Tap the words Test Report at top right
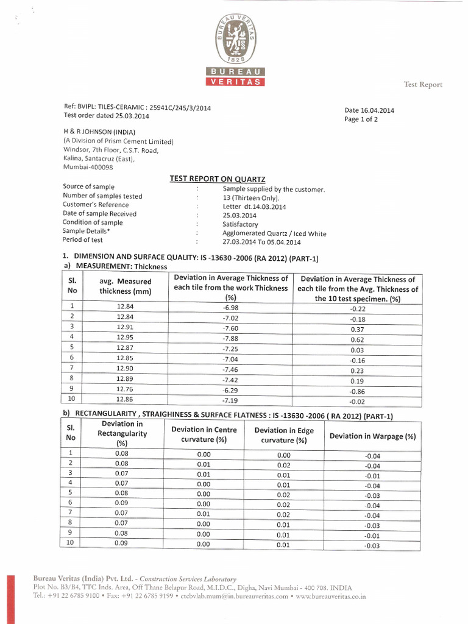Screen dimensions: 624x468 click(423, 85)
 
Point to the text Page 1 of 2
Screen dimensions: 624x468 click(361, 119)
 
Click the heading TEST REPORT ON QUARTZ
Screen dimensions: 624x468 click(218, 179)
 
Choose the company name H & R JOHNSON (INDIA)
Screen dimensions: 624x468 click(99, 132)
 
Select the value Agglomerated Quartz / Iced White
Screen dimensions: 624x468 click(274, 233)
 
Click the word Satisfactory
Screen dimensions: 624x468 click(241, 224)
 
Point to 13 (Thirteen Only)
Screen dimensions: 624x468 click(251, 197)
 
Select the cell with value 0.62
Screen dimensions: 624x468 click(357, 339)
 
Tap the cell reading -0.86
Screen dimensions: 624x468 click(357, 391)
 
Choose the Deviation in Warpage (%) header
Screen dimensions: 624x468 click(372, 436)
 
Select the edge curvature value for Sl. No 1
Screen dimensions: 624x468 click(283, 455)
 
